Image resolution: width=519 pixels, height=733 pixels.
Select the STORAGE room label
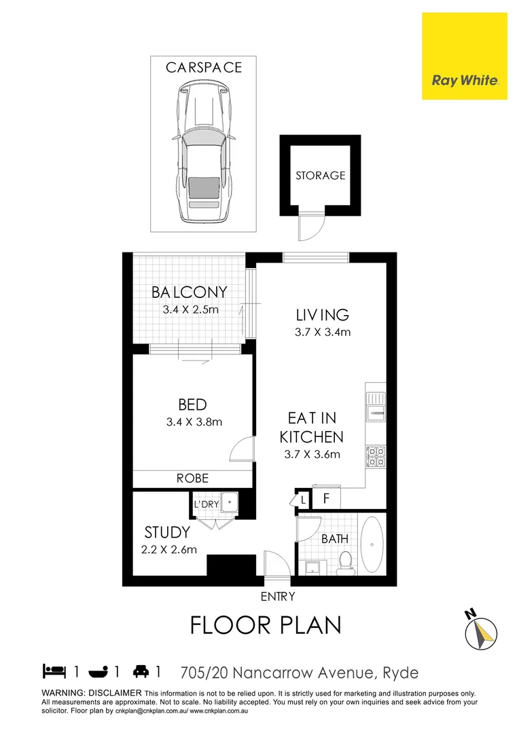[x=320, y=175]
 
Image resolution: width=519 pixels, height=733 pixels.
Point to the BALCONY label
[x=189, y=293]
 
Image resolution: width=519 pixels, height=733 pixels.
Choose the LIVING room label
[x=323, y=315]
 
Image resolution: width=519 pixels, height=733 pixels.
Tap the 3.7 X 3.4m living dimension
[x=323, y=333]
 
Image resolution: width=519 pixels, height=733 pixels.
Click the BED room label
[x=192, y=405]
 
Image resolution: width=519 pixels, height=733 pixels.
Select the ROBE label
[x=192, y=478]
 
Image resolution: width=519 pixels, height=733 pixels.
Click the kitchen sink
[x=376, y=409]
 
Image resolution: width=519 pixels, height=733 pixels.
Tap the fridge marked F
[x=326, y=500]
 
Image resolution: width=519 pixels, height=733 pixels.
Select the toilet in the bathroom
[x=345, y=562]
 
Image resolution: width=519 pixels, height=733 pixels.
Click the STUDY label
[x=166, y=532]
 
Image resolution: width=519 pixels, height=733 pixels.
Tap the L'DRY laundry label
[x=207, y=504]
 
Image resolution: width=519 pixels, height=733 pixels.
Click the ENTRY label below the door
[x=278, y=597]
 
